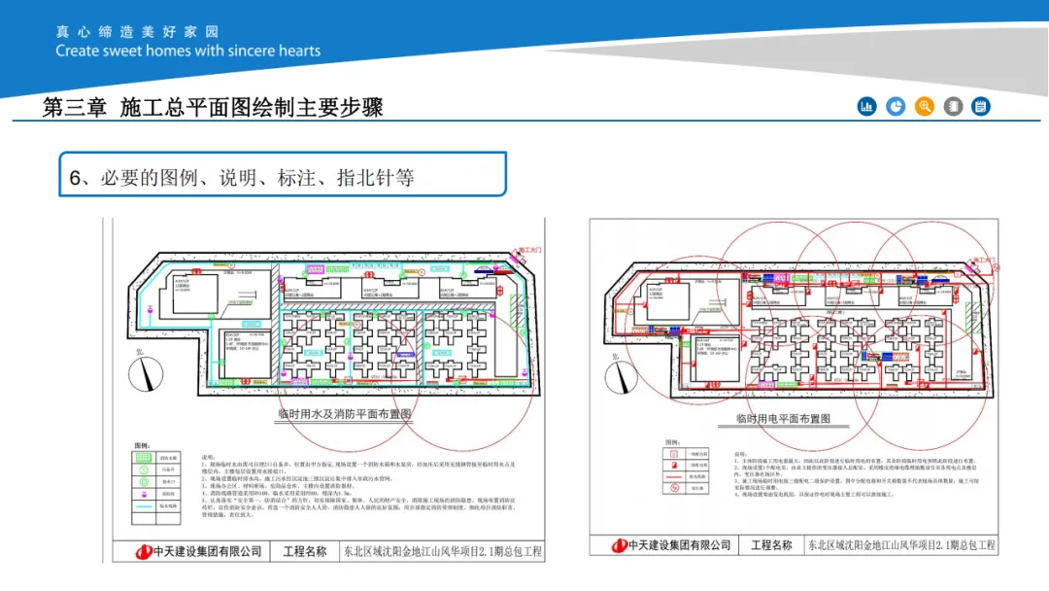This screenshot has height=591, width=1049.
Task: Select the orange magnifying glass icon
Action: [x=925, y=106]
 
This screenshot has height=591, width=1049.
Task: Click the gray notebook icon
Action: [x=953, y=106]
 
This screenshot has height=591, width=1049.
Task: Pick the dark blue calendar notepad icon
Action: [x=981, y=106]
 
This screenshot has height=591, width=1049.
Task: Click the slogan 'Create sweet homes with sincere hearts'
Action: [x=187, y=51]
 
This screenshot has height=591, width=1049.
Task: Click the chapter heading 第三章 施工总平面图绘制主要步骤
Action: [x=213, y=107]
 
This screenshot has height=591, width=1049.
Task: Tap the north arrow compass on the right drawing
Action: [x=619, y=375]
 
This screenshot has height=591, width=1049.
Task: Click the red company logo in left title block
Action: [x=144, y=551]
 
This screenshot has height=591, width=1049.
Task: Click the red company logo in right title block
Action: [x=618, y=545]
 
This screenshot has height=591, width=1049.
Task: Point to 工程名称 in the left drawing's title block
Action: [x=304, y=551]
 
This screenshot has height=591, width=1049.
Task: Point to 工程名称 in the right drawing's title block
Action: [x=771, y=545]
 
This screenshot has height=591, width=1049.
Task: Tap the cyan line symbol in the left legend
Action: [x=143, y=505]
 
